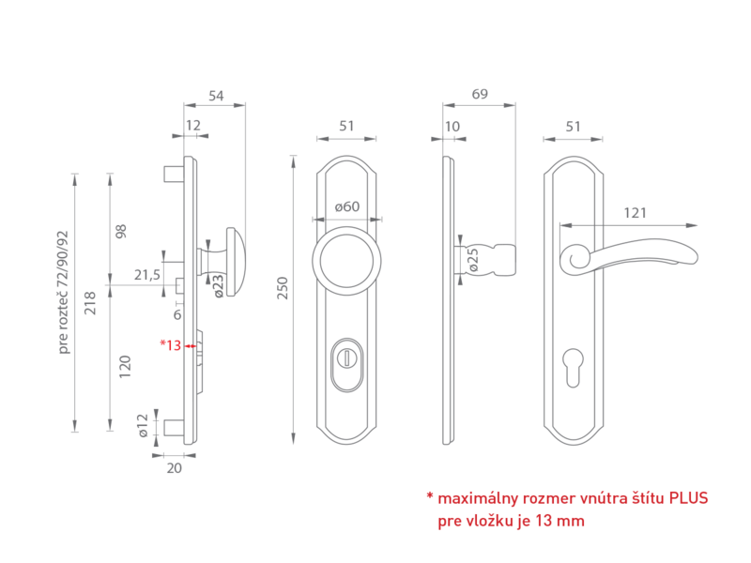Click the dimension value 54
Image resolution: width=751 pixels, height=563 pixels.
click(x=216, y=96)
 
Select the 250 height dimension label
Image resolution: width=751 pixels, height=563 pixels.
click(x=283, y=288)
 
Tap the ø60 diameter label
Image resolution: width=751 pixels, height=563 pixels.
click(x=347, y=206)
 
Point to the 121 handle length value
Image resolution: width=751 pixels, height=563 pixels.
click(x=636, y=213)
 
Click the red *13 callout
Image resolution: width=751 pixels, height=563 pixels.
click(x=171, y=344)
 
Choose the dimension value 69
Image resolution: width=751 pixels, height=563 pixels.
click(x=480, y=94)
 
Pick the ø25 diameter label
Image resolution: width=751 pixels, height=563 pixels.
click(x=473, y=260)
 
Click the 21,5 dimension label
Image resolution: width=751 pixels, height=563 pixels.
click(x=147, y=275)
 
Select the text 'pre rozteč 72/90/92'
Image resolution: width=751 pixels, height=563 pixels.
click(x=63, y=293)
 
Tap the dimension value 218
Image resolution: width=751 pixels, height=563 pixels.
click(x=90, y=303)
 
